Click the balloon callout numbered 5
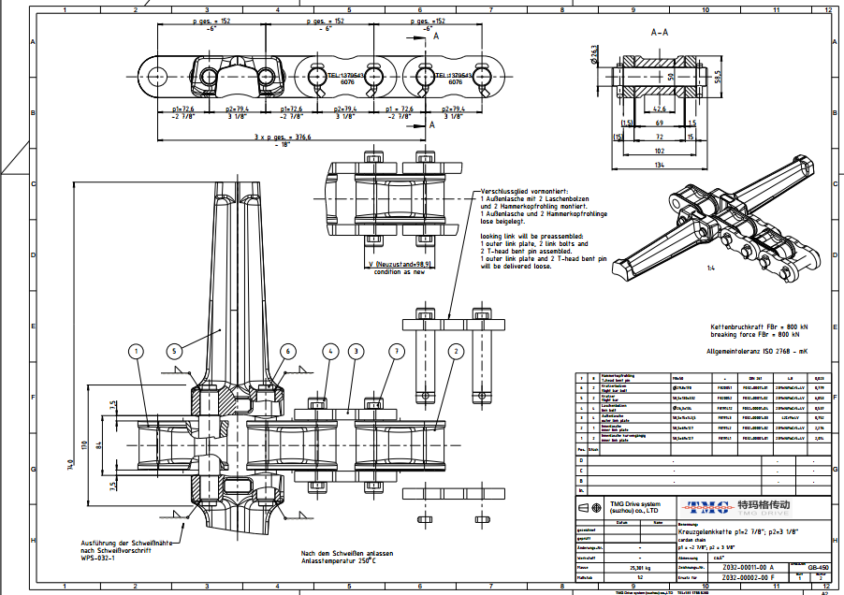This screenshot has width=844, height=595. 174,352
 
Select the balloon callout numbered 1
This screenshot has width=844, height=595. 137,352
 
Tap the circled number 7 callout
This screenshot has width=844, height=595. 397,352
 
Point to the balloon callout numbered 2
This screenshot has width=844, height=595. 456,352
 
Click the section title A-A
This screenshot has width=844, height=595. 661,31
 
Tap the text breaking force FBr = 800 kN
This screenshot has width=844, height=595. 755,334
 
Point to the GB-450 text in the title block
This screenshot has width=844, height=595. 818,567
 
